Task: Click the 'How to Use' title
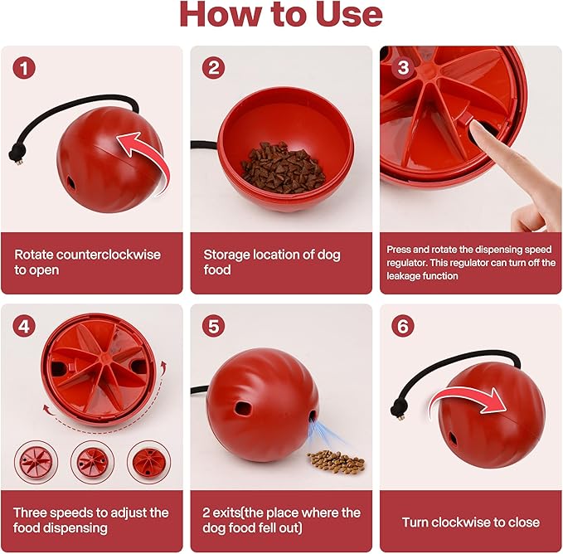[x=281, y=14]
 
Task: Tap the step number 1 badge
[x=24, y=68]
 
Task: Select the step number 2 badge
[x=213, y=68]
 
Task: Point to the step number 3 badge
[x=403, y=67]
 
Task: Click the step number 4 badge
[x=24, y=327]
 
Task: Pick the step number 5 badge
[x=213, y=327]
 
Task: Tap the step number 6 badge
[x=403, y=327]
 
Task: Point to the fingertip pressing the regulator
[x=478, y=130]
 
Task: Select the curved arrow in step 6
[x=467, y=395]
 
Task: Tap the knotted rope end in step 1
[x=15, y=155]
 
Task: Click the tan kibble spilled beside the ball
[x=336, y=461]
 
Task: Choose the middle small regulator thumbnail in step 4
[x=92, y=463]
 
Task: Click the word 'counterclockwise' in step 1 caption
[x=109, y=255]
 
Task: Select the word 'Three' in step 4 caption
[x=30, y=513]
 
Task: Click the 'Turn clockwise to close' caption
[x=471, y=522]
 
